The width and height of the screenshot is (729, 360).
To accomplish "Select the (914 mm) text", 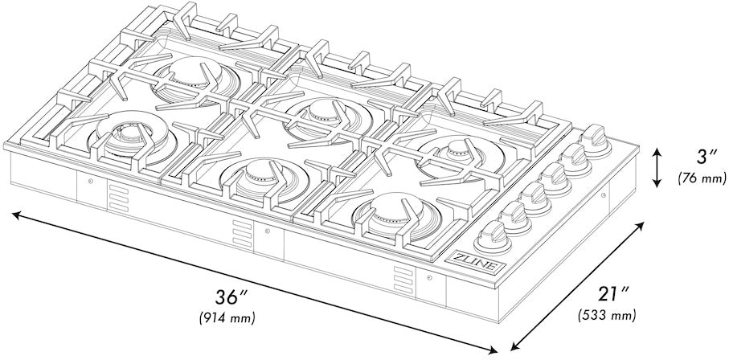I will tap(227, 318).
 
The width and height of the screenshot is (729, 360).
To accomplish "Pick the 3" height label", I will tap(698, 155).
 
